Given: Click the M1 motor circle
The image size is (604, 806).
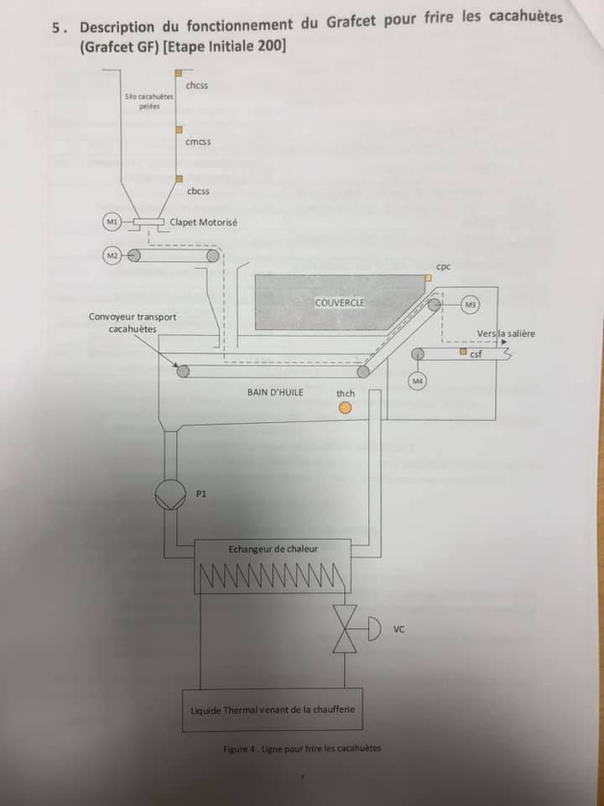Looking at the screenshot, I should pyautogui.click(x=111, y=221).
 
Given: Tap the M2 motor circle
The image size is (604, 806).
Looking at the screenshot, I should pyautogui.click(x=111, y=254).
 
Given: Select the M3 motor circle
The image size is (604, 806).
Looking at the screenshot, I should pyautogui.click(x=469, y=304).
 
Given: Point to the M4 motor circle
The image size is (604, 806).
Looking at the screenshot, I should pyautogui.click(x=418, y=382).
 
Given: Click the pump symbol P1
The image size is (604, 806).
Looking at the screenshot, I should pyautogui.click(x=169, y=494).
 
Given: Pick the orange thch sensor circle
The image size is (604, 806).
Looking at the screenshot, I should pyautogui.click(x=345, y=408).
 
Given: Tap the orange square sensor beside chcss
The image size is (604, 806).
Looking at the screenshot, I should pyautogui.click(x=178, y=76).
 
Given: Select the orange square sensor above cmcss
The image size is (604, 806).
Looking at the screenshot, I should pyautogui.click(x=178, y=129).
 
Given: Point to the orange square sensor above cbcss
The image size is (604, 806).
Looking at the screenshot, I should pyautogui.click(x=178, y=178).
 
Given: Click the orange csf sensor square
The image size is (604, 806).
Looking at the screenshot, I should pyautogui.click(x=462, y=353).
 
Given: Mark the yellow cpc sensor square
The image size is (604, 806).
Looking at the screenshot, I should pyautogui.click(x=428, y=277).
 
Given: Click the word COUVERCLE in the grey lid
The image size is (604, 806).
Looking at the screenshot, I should pyautogui.click(x=340, y=302).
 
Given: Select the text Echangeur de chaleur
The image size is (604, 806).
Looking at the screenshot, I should pyautogui.click(x=273, y=549).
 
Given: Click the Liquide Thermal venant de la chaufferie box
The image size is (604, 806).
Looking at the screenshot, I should pyautogui.click(x=273, y=709).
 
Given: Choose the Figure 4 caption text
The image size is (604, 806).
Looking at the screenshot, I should pyautogui.click(x=302, y=749).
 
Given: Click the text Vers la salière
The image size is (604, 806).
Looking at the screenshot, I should pyautogui.click(x=506, y=333).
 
